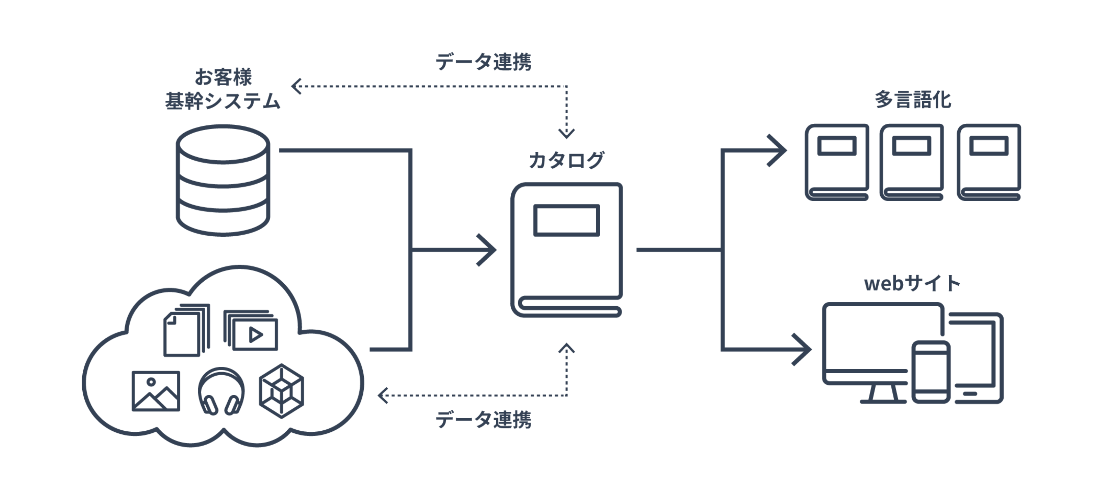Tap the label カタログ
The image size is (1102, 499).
pyautogui.click(x=566, y=160)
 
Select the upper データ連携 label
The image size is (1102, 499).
pyautogui.click(x=483, y=62)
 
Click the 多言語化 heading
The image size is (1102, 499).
pyautogui.click(x=912, y=100)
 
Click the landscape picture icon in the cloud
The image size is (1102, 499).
pyautogui.click(x=156, y=391)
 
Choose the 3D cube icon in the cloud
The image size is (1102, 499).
pyautogui.click(x=281, y=391)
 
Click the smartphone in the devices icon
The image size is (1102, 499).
pyautogui.click(x=930, y=372)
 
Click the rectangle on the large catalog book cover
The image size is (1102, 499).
pyautogui.click(x=566, y=221)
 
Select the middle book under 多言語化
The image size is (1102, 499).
pyautogui.click(x=912, y=162)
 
